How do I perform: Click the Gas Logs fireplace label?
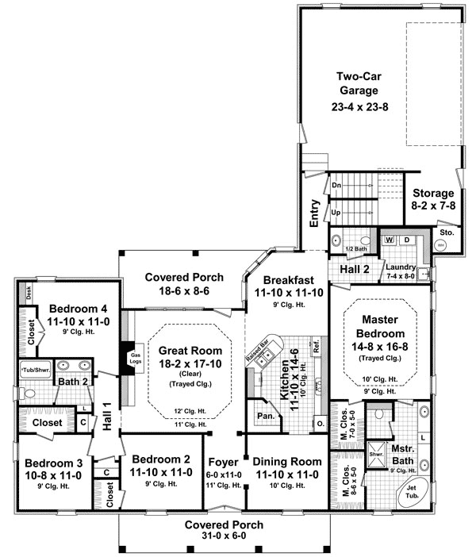[x=136, y=358]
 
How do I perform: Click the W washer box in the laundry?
[x=390, y=239]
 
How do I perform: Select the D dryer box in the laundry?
[x=407, y=239]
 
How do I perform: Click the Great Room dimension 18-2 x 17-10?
[x=182, y=363]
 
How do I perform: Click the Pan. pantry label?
[x=263, y=415]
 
